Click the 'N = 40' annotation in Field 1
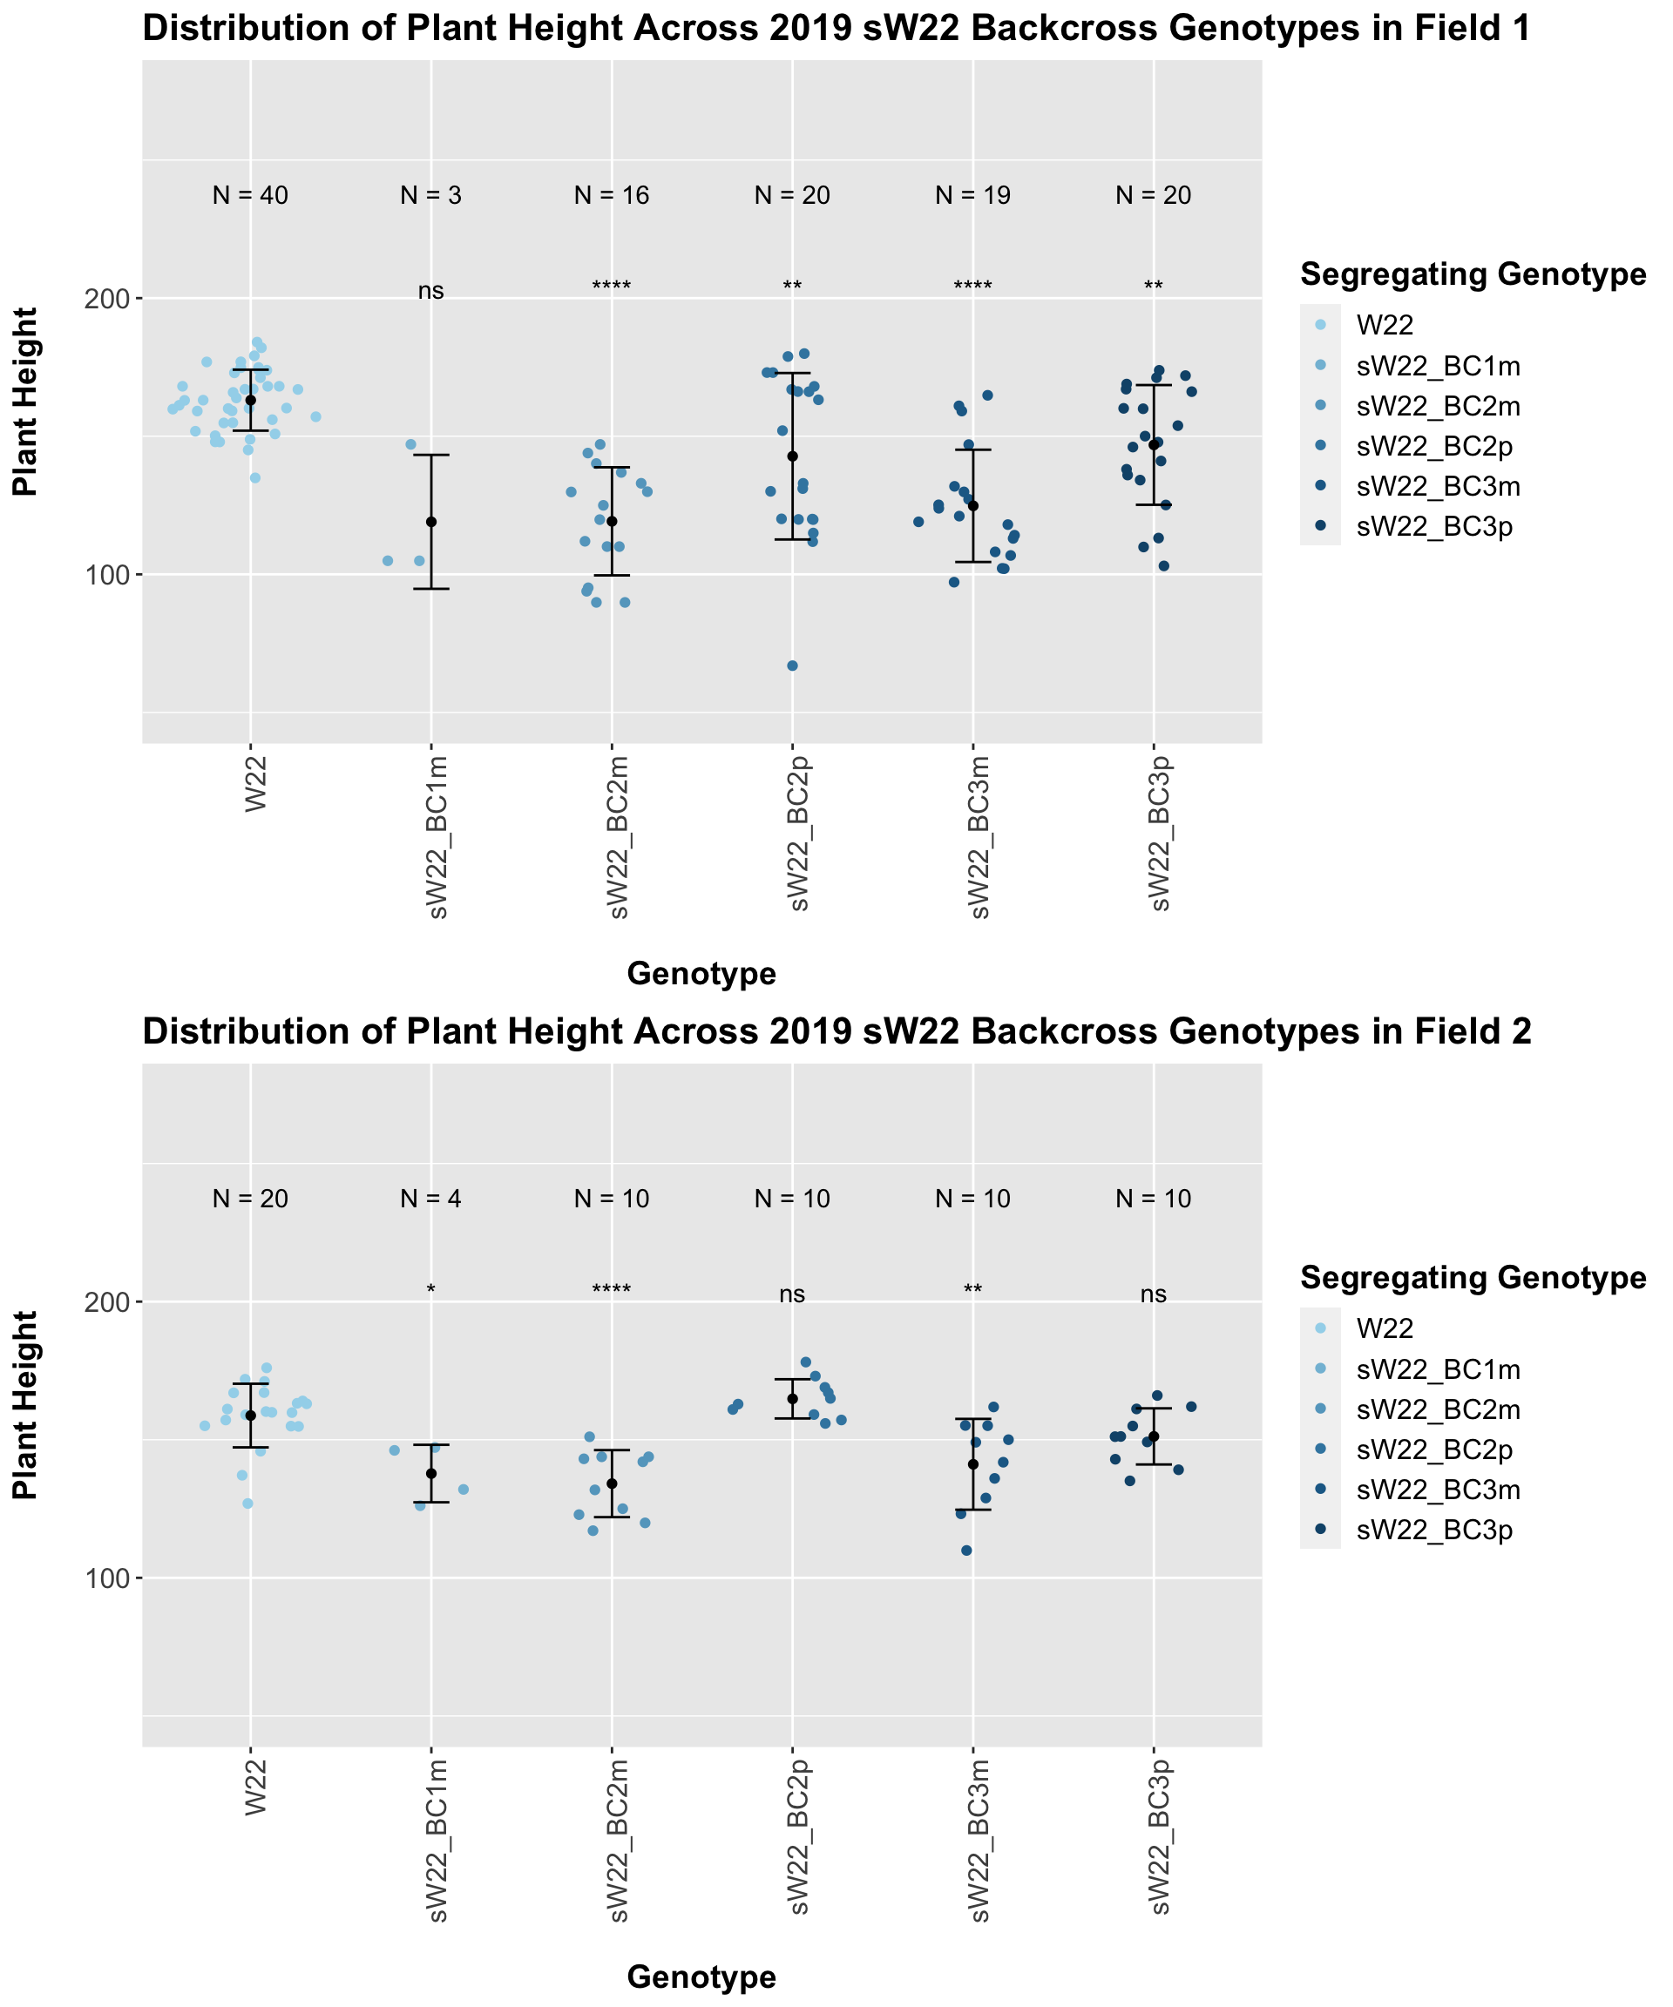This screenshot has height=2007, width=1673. click(x=249, y=196)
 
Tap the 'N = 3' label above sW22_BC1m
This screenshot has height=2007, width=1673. click(x=430, y=196)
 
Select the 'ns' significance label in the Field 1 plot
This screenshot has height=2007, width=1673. click(x=430, y=292)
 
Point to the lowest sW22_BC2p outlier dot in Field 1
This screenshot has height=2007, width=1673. click(x=793, y=666)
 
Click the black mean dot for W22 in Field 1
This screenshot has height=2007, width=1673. click(x=250, y=401)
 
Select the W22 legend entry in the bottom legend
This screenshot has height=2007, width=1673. click(x=1385, y=1327)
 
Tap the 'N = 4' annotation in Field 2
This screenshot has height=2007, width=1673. click(x=430, y=1199)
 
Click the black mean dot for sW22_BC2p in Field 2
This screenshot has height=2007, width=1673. click(x=793, y=1399)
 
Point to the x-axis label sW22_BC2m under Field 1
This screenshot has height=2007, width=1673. click(x=619, y=836)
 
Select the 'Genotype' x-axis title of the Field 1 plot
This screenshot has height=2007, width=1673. click(x=701, y=974)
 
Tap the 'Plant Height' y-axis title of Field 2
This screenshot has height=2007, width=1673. click(x=26, y=1404)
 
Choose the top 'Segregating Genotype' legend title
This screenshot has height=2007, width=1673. click(x=1473, y=275)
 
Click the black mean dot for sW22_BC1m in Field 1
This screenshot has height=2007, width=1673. click(x=431, y=522)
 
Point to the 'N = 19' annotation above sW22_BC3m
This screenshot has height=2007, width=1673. click(x=972, y=196)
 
